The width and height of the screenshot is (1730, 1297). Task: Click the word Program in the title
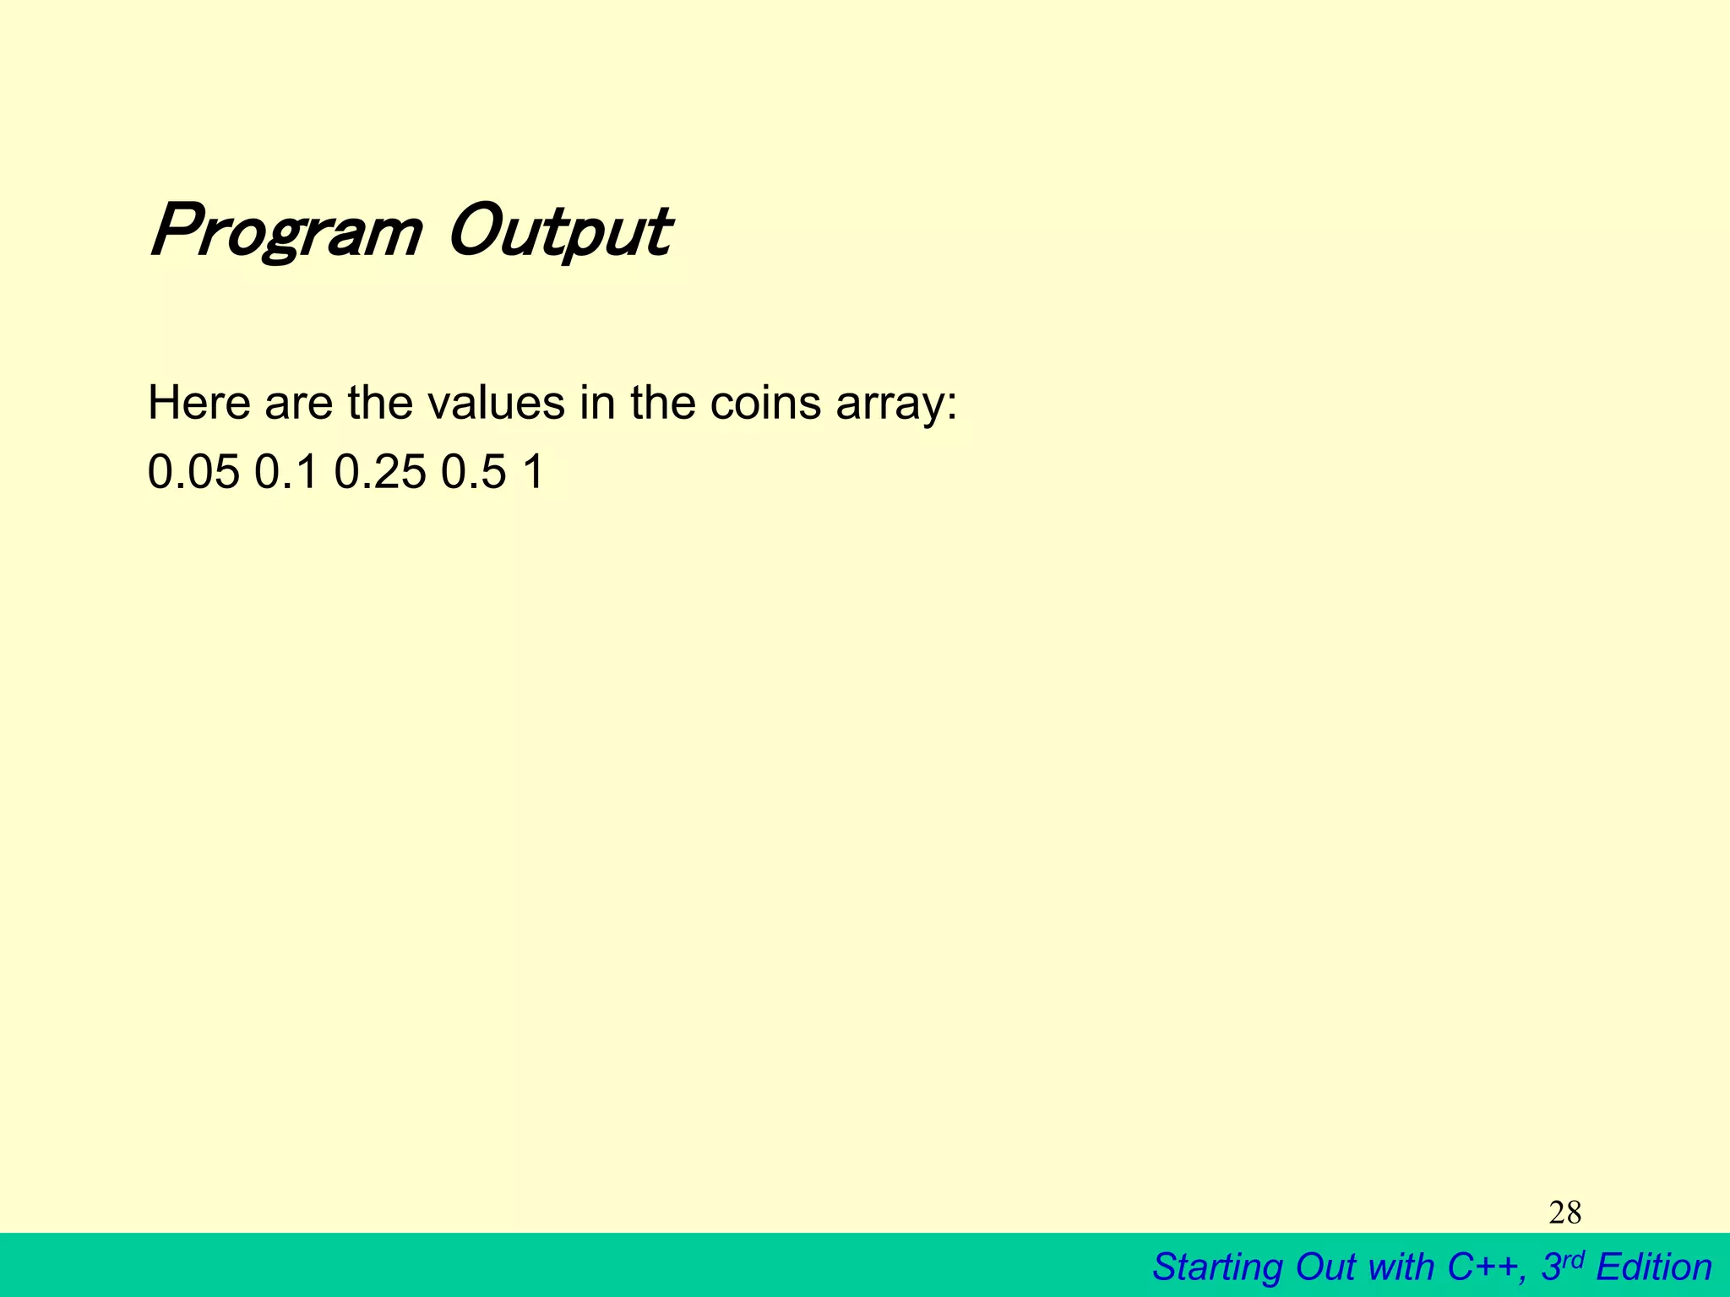286,232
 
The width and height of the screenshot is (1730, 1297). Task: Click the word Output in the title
559,232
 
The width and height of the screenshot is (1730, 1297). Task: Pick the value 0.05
193,472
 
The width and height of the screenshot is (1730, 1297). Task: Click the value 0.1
286,472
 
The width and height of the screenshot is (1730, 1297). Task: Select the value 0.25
380,472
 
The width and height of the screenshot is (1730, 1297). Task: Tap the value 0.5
473,472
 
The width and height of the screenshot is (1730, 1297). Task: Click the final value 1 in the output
534,472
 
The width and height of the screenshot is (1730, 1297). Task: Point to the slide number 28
1564,1213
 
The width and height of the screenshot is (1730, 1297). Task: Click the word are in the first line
299,403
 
